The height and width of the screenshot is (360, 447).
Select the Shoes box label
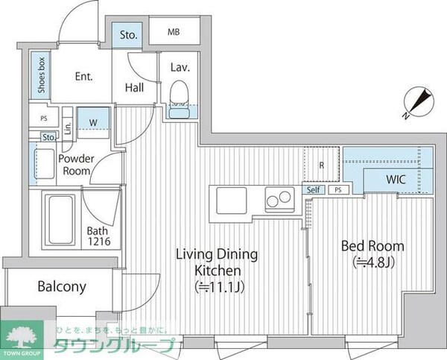tap(38, 74)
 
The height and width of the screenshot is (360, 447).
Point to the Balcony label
tap(61, 286)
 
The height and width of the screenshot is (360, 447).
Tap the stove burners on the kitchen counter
tap(279, 200)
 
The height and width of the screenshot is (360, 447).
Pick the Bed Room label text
tap(372, 245)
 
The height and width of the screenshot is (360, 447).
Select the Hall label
tap(135, 88)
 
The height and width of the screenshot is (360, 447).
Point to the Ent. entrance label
tap(83, 75)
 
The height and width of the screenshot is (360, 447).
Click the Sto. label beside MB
tap(127, 34)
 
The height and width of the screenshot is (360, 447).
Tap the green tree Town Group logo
tap(25, 334)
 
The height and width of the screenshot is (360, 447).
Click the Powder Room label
tap(75, 165)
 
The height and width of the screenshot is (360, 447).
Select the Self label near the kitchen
tap(314, 189)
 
